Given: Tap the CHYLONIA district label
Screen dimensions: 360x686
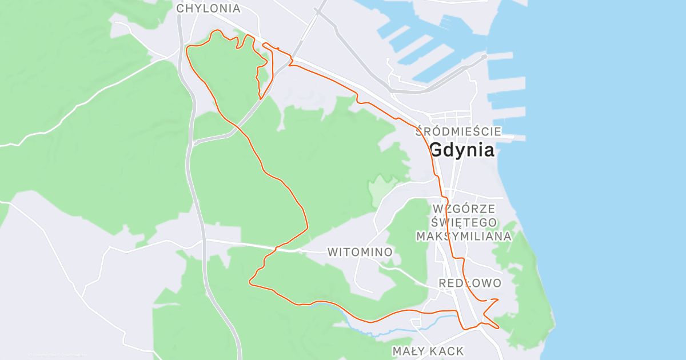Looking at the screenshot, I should [x=208, y=9].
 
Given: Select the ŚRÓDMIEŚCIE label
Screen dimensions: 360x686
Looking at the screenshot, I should [x=458, y=131].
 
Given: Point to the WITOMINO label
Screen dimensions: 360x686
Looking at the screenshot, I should [x=360, y=252].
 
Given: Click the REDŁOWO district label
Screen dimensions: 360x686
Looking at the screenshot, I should [x=470, y=283].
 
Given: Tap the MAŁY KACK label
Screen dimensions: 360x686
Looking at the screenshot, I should [x=428, y=351].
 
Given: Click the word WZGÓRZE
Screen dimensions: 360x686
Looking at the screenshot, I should [x=464, y=208].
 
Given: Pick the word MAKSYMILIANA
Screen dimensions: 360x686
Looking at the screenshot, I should [x=464, y=235].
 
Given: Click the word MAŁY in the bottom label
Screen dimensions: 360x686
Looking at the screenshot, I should [x=409, y=351].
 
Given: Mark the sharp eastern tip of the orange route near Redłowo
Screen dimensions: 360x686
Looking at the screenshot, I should [x=498, y=299].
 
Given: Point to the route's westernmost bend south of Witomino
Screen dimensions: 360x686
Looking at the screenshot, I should [x=250, y=281].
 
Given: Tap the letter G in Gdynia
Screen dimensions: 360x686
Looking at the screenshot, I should [x=436, y=150].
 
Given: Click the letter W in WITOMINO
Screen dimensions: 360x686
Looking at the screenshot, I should [x=333, y=252].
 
